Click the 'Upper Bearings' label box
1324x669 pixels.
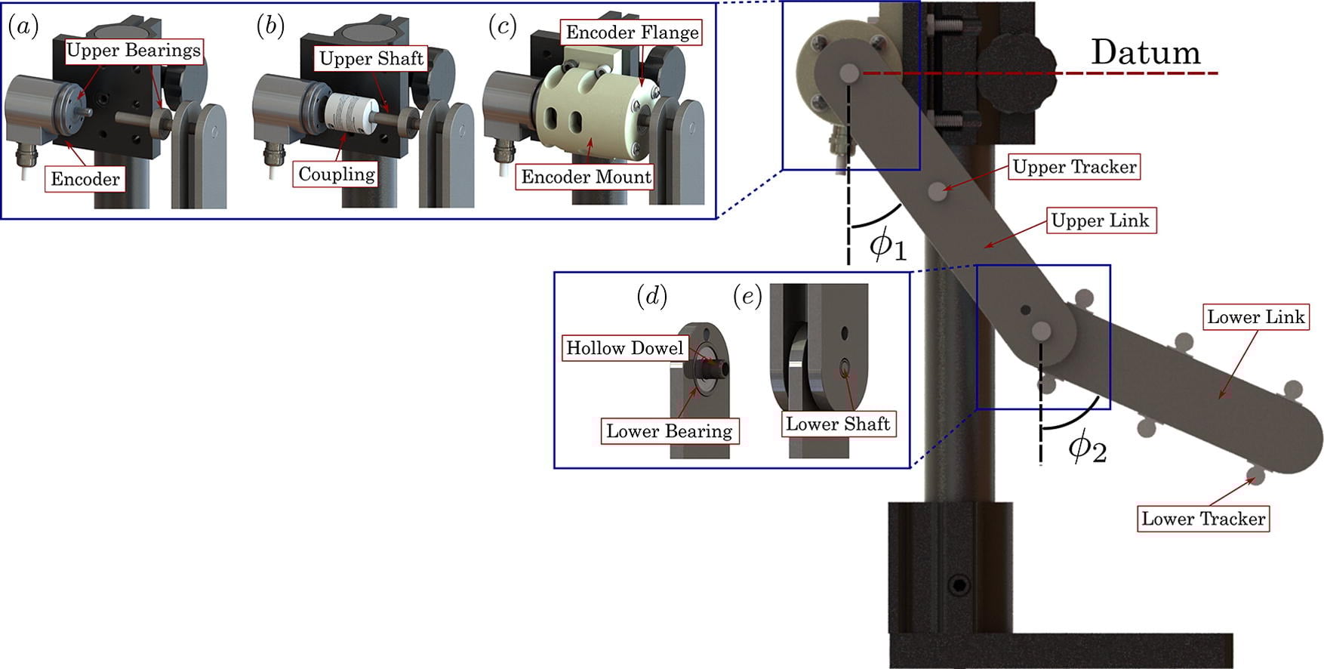(134, 51)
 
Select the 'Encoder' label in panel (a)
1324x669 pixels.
(85, 180)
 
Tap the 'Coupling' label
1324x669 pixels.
(337, 174)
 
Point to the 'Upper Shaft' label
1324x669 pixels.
(371, 59)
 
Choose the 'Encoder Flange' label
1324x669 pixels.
(632, 32)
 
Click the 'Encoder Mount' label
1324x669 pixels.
(586, 177)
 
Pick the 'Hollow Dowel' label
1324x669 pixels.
(625, 348)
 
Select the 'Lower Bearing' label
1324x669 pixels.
(669, 431)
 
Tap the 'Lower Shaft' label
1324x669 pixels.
(838, 424)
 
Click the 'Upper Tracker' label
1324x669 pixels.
(1074, 167)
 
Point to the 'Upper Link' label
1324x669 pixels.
(1100, 220)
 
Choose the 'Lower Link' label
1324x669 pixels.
(1255, 317)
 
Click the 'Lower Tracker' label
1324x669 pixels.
(1203, 519)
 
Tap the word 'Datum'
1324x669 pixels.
(1145, 52)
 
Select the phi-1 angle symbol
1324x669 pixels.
(886, 245)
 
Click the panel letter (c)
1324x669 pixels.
(502, 26)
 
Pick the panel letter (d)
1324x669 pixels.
(652, 297)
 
